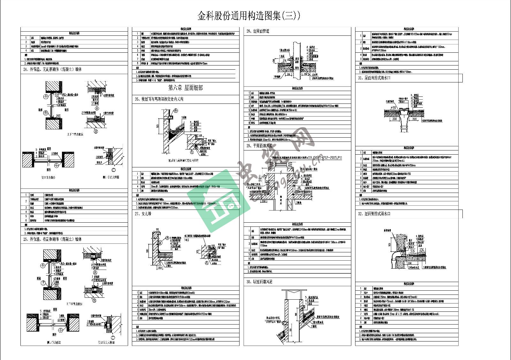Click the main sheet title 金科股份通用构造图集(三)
click(249, 16)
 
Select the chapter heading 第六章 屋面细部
click(186, 88)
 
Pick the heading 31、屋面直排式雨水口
click(374, 78)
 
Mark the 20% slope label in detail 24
click(58, 116)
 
